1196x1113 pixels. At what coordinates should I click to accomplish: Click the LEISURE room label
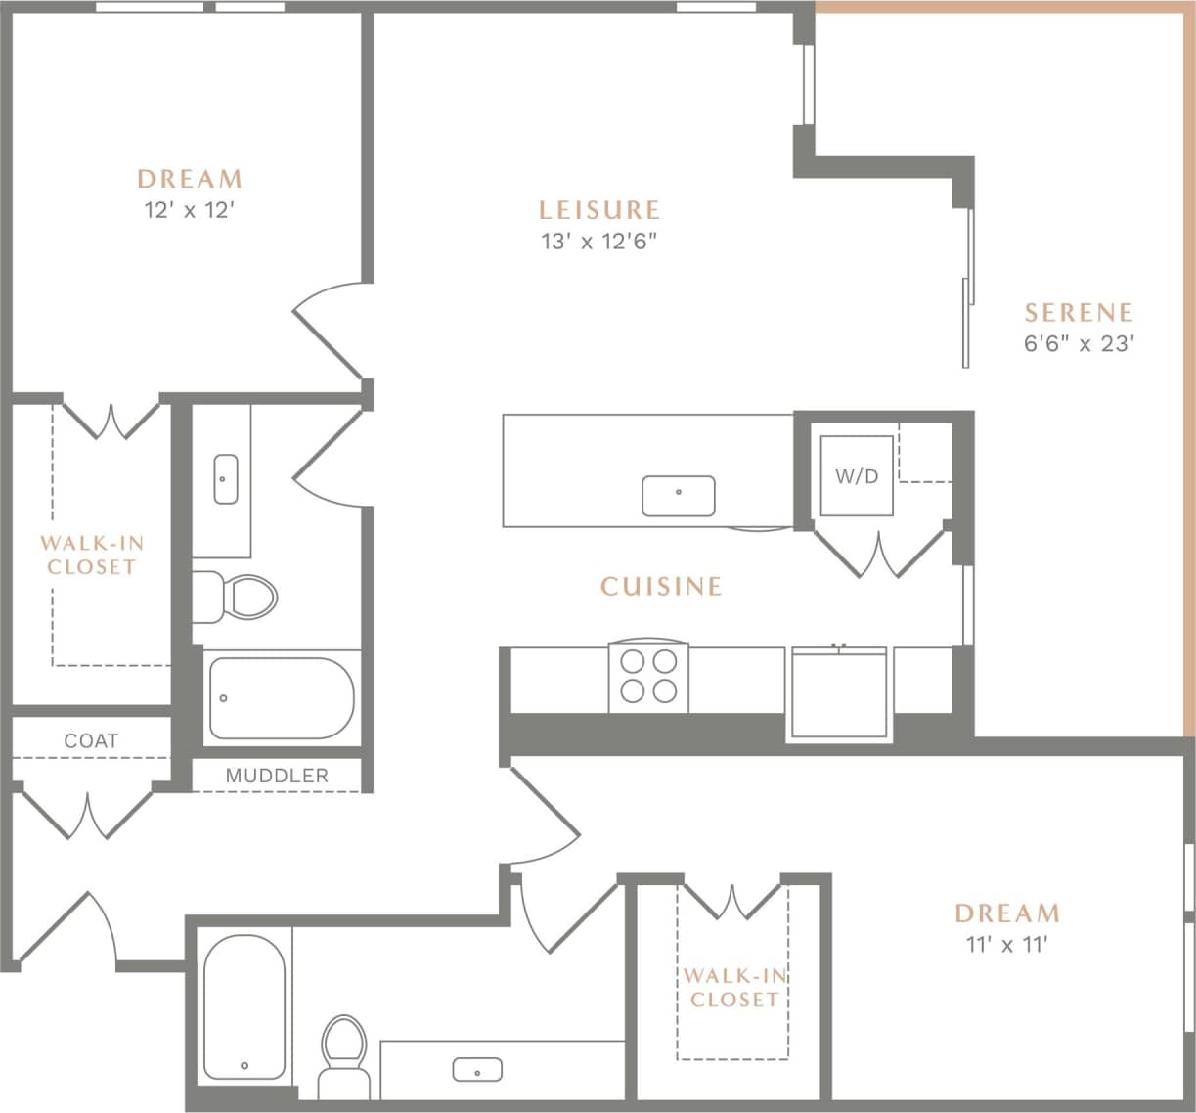coord(599,210)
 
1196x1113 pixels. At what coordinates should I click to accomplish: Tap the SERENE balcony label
coord(1079,313)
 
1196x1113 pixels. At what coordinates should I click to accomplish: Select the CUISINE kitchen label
coord(661,587)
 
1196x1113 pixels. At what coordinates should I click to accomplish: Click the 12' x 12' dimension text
coord(190,210)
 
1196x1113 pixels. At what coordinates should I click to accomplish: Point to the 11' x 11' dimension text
coord(1006,944)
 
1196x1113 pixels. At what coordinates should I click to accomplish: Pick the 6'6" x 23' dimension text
coord(1079,344)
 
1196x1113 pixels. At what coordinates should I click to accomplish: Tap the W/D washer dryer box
coord(856,476)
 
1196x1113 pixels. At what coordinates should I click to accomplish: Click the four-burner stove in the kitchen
coord(648,677)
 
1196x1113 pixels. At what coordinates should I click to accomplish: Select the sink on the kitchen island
coord(678,496)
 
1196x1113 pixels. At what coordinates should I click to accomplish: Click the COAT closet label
coord(91,741)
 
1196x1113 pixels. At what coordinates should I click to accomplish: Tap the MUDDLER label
coord(277,776)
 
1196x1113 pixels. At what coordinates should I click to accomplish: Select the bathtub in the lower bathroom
coord(244,1007)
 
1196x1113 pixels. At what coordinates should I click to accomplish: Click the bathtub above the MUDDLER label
coord(281,698)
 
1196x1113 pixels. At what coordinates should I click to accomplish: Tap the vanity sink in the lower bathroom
coord(477,1070)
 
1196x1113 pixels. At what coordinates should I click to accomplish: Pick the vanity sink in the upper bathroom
coord(225,479)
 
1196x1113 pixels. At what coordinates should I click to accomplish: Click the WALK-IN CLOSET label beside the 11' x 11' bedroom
coord(732,988)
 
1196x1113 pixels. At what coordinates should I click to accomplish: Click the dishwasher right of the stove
coord(839,692)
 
